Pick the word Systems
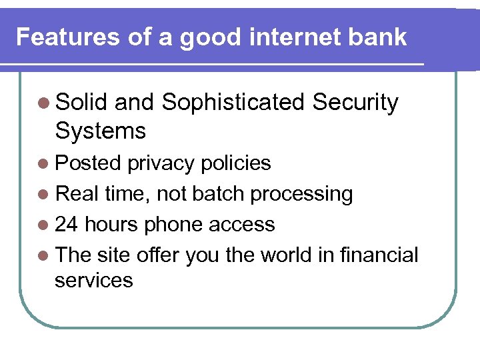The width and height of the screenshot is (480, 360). pyautogui.click(x=100, y=131)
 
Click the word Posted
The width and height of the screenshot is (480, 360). pyautogui.click(x=88, y=163)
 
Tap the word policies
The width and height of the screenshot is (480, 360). pyautogui.click(x=233, y=163)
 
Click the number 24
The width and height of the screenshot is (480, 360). pyautogui.click(x=67, y=225)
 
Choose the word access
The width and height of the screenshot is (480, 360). pyautogui.click(x=242, y=225)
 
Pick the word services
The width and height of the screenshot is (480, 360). pyautogui.click(x=94, y=281)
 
